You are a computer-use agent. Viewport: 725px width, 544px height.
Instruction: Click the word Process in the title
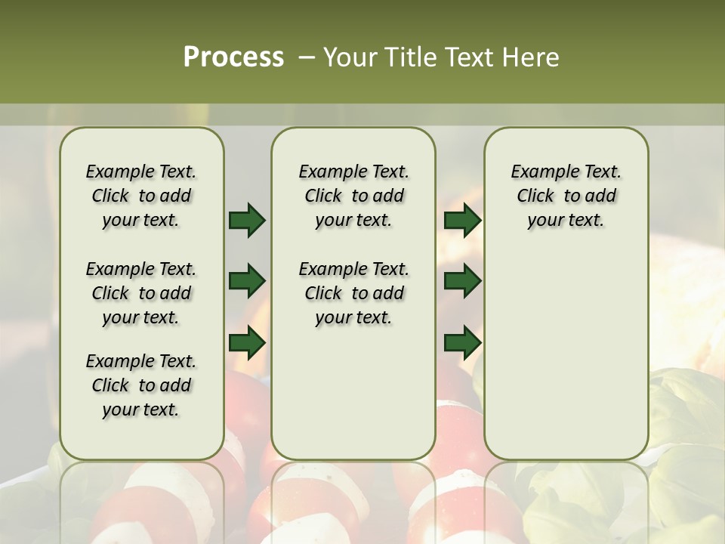coord(233,57)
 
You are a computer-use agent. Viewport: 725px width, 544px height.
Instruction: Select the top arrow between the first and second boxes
coord(247,220)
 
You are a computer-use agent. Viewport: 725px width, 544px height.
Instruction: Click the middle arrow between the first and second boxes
coord(247,281)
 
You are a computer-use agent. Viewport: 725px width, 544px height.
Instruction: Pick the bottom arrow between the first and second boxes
coord(247,342)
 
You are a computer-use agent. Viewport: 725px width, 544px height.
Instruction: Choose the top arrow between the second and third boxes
coord(462,220)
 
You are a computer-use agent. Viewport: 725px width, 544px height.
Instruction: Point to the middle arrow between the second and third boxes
coord(462,281)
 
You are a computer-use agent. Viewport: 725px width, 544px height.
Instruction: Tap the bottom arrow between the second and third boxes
coord(462,342)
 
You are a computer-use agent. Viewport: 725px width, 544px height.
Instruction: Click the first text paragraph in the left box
coord(141,196)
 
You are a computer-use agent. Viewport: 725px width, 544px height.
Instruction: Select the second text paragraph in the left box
coord(141,293)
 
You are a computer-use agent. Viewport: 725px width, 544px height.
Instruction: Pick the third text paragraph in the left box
coord(141,385)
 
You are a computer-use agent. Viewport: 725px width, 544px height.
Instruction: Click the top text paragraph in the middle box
coord(353,196)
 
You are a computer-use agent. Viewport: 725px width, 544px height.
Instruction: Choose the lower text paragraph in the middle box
coord(353,293)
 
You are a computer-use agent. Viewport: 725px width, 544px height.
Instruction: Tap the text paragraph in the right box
coord(566,196)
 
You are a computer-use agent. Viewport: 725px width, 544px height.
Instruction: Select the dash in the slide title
coord(307,57)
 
